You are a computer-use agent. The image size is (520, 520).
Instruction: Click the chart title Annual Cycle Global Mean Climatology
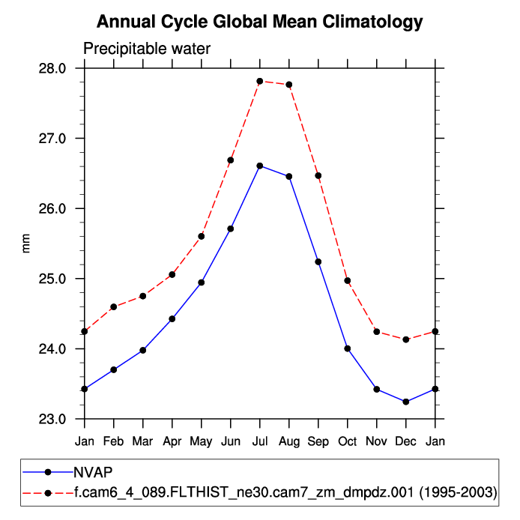coord(260,22)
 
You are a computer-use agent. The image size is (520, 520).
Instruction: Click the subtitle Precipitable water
coord(147,49)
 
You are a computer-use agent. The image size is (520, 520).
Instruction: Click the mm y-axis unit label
coord(27,244)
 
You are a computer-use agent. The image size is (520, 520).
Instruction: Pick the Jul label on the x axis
coord(260,441)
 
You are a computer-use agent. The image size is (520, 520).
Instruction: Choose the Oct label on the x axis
coord(348,441)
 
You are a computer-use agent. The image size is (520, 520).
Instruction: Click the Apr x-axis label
coord(172,441)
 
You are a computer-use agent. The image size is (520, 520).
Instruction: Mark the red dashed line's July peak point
coord(260,81)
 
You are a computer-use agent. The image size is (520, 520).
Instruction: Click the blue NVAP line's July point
coord(260,166)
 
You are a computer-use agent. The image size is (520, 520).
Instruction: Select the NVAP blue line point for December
coord(406,402)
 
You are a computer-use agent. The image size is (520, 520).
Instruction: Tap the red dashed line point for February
coord(114,306)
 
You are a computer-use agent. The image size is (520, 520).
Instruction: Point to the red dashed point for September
coord(318,175)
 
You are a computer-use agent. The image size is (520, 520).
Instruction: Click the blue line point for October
coord(348,348)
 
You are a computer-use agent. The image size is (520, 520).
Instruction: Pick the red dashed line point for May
coord(202,236)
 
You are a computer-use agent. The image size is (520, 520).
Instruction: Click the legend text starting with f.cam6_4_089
coord(285,492)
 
